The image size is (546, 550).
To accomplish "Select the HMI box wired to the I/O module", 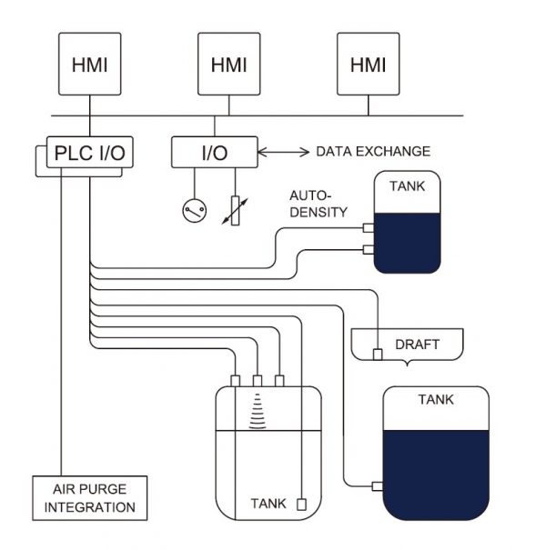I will [228, 65].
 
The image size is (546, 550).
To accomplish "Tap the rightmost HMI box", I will [368, 65].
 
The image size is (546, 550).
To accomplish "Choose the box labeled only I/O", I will [215, 152].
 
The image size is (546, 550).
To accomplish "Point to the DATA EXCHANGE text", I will [373, 151].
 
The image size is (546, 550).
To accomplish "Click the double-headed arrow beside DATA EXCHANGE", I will [284, 151].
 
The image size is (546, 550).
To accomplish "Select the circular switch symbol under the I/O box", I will [194, 211].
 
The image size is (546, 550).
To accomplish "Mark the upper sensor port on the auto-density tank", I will [369, 227].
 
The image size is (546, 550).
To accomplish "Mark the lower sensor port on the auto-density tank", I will [369, 248].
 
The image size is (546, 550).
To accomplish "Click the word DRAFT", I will [417, 345].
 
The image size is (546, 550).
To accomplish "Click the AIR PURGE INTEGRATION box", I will [89, 499].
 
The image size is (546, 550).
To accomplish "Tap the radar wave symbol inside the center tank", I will [257, 411].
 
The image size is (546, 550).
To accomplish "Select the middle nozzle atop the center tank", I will [257, 379].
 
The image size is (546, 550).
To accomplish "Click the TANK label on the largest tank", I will [436, 399].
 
